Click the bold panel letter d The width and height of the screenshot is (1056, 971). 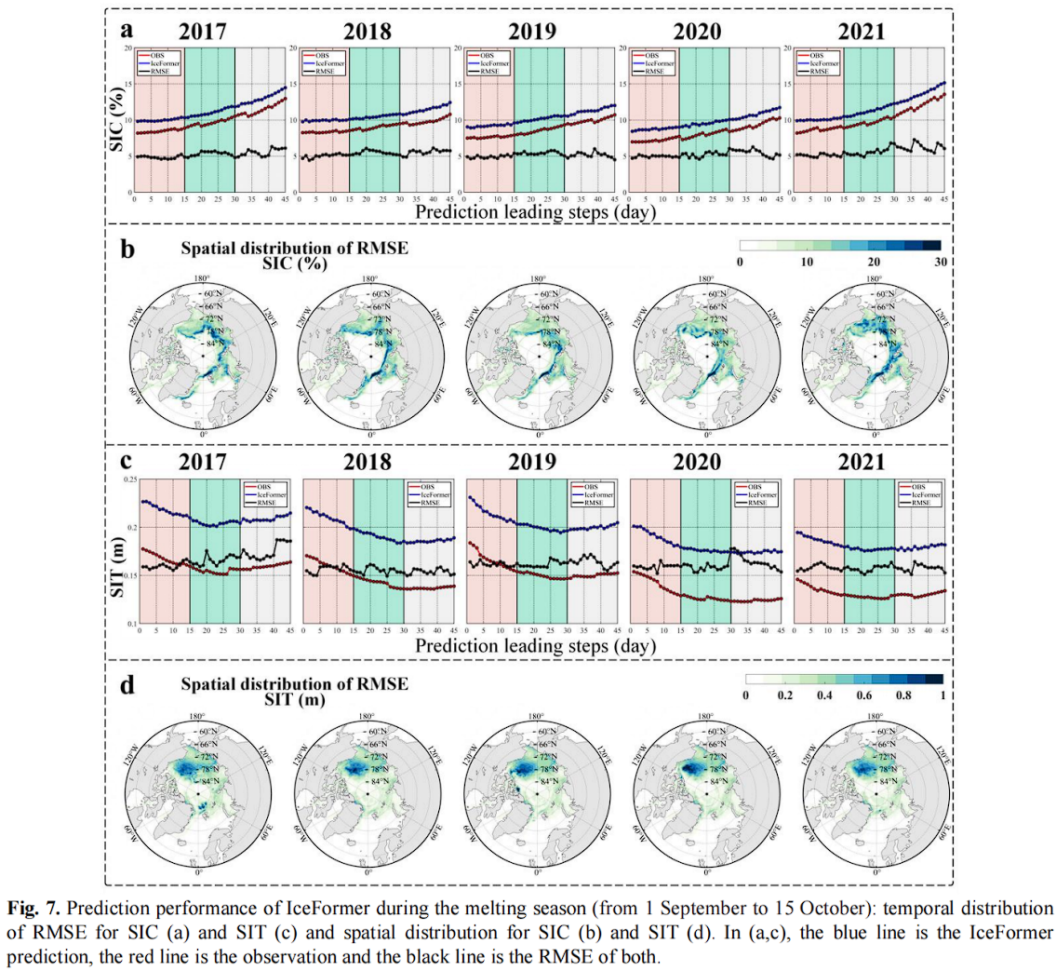127,685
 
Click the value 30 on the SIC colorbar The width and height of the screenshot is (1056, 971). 942,264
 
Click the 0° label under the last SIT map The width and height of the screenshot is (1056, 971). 875,872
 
